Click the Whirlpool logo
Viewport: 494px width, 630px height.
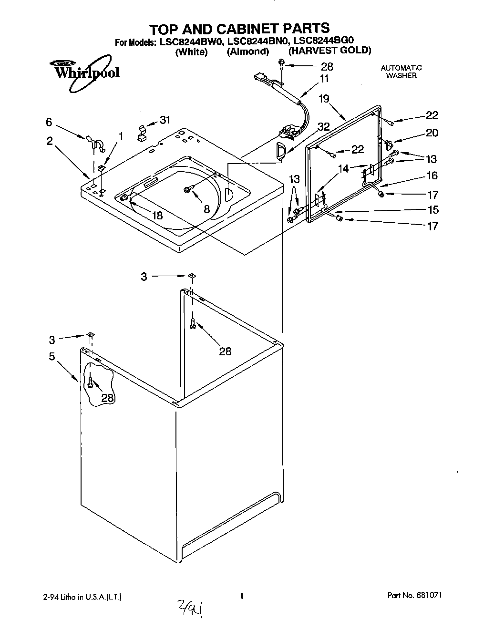[84, 72]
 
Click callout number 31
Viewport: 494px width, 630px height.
[165, 120]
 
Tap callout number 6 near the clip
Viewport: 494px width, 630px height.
[49, 123]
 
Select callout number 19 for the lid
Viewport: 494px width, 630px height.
[324, 99]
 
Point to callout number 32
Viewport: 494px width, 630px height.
[324, 126]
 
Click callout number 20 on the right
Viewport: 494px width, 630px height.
[432, 133]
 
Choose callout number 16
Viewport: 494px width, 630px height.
[432, 176]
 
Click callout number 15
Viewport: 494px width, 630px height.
[432, 209]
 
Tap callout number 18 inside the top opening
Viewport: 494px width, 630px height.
[157, 215]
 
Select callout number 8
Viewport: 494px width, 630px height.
[206, 209]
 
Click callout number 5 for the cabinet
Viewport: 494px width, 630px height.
[51, 356]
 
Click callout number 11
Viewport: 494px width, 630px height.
[324, 79]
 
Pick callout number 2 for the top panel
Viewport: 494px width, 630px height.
[50, 142]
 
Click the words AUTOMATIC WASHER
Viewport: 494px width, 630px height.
[401, 72]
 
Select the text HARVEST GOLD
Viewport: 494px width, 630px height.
[329, 51]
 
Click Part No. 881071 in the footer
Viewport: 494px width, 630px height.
[418, 596]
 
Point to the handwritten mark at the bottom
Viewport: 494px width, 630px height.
[190, 608]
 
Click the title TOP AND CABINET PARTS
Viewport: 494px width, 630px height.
[239, 28]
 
